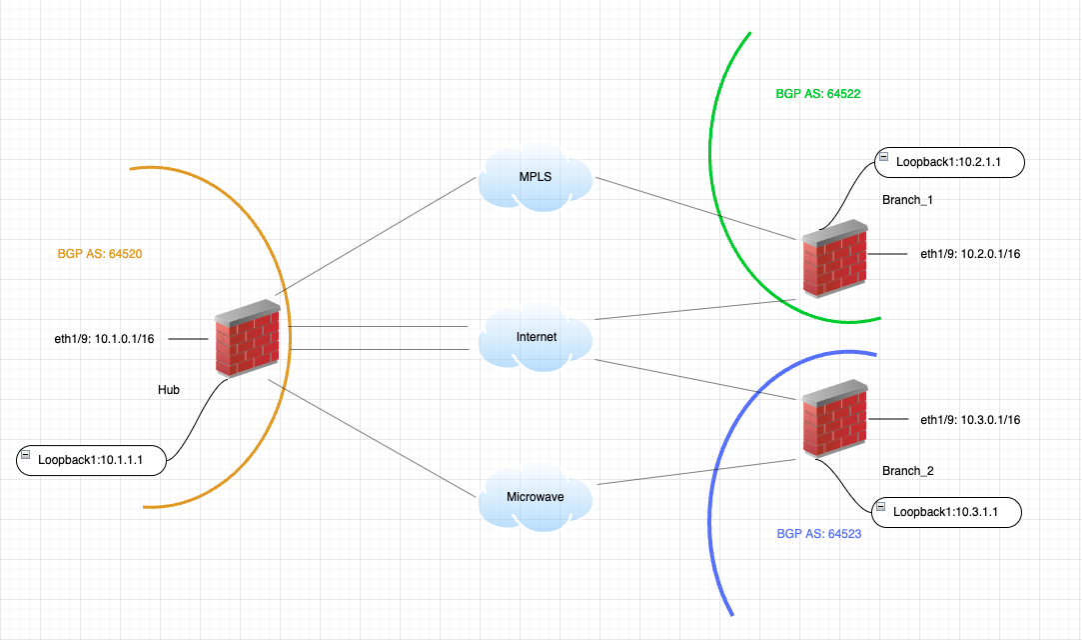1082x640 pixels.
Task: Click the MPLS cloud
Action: point(535,178)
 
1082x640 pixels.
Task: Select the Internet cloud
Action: point(536,337)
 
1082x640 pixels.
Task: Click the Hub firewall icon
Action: point(248,338)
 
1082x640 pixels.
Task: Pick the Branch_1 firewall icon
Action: point(834,259)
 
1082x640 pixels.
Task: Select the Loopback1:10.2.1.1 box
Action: point(949,161)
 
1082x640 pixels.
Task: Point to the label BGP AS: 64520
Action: point(100,254)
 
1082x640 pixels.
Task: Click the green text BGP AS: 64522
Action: point(818,94)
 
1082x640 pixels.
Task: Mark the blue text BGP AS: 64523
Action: point(818,534)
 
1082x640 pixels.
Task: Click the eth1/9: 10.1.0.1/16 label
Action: point(104,339)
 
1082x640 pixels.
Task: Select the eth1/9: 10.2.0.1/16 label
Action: point(970,254)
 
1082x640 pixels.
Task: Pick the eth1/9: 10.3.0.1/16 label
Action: point(970,420)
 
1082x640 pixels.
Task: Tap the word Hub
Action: point(169,390)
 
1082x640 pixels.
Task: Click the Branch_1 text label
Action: point(907,200)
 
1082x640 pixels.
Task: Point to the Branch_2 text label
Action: point(907,470)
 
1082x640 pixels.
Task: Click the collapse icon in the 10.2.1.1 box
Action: point(883,158)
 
